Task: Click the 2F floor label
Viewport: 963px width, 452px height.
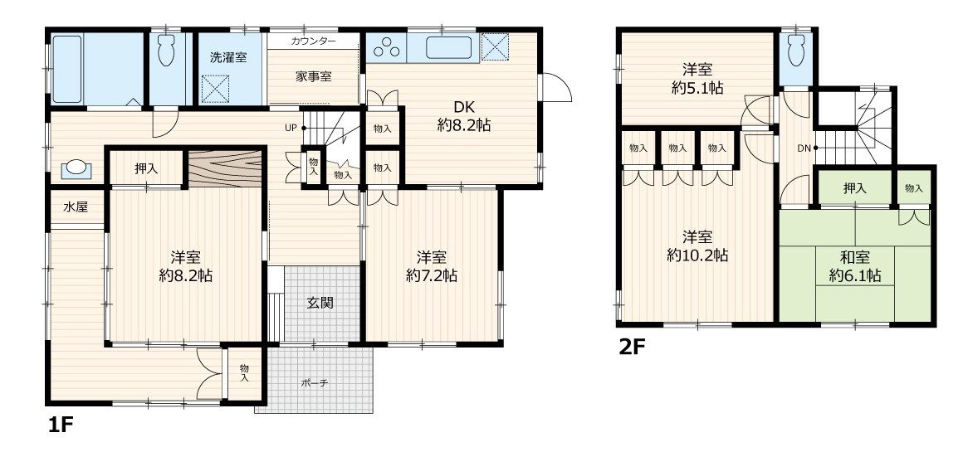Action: (x=633, y=348)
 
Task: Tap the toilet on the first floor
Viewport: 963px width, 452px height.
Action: (x=166, y=50)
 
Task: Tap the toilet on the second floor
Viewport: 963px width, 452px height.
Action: (x=796, y=50)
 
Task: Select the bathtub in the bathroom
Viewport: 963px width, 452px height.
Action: (x=67, y=69)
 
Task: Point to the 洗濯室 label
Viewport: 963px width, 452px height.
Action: (x=228, y=58)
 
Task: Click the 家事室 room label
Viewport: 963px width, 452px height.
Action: (x=313, y=76)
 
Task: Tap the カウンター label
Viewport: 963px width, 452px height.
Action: (x=313, y=41)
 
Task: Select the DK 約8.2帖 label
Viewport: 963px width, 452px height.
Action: (x=464, y=115)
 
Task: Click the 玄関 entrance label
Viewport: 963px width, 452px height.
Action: (x=320, y=303)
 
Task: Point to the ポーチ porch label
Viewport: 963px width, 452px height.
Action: (x=315, y=383)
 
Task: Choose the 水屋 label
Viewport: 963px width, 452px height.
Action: (x=76, y=207)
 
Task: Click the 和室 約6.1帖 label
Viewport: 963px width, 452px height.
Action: (x=854, y=266)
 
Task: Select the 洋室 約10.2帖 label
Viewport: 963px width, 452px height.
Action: (x=697, y=246)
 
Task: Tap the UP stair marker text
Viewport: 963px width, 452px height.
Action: (x=291, y=129)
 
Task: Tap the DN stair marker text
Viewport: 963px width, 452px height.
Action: (x=804, y=148)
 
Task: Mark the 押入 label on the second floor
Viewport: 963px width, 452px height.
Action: (x=854, y=188)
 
